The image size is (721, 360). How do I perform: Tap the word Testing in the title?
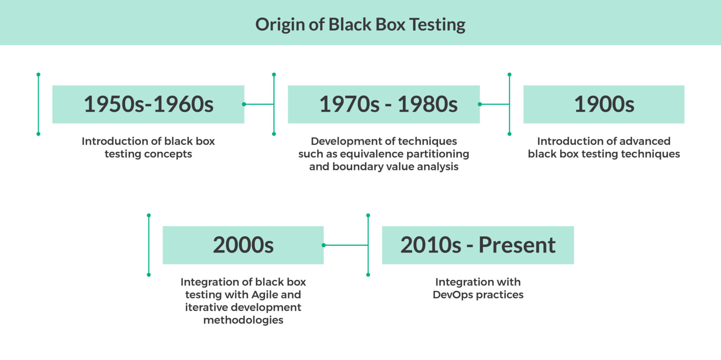(437, 25)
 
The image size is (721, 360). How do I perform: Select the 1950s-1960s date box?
(148, 104)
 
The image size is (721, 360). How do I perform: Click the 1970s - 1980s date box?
(384, 104)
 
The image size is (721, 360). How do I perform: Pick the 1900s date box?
(604, 104)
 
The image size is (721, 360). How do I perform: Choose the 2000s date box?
(243, 245)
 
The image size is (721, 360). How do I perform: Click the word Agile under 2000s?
(264, 294)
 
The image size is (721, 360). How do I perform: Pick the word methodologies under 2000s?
(243, 320)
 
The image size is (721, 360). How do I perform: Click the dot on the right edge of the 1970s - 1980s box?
(480, 104)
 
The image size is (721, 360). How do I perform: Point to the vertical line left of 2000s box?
(149, 245)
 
